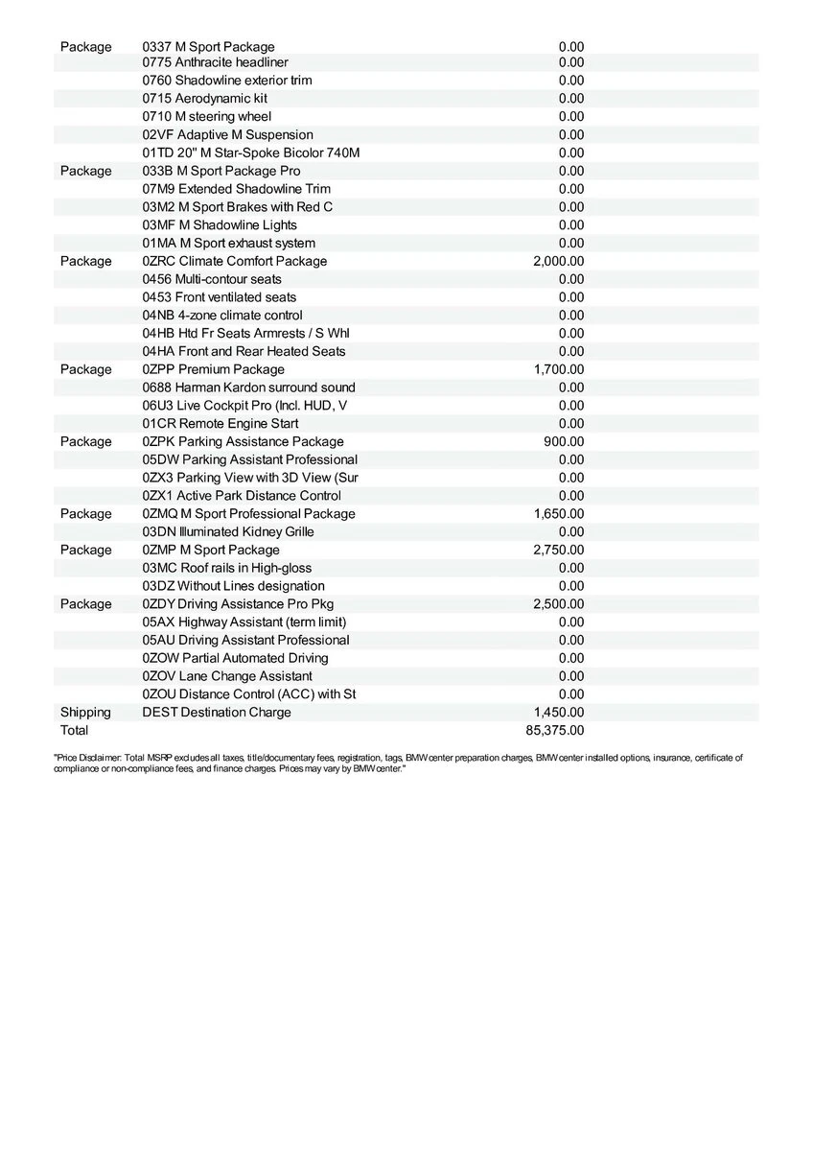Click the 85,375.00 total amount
tap(555, 730)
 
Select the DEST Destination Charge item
tap(217, 712)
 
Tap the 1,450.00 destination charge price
tap(559, 712)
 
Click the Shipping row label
tap(85, 712)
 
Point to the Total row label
tap(74, 730)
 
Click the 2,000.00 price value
tap(559, 261)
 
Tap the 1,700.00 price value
tap(559, 369)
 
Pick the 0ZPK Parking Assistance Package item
tap(243, 441)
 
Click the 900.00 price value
tap(564, 441)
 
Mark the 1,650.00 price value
tap(559, 513)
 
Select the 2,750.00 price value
tap(559, 550)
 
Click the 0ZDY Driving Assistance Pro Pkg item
tap(238, 603)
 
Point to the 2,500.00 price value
tap(559, 603)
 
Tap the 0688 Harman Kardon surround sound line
tap(248, 388)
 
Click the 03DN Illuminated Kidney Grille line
tap(228, 531)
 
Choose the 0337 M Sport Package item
tap(208, 46)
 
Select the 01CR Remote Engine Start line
tap(221, 423)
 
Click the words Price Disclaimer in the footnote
tap(87, 758)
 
